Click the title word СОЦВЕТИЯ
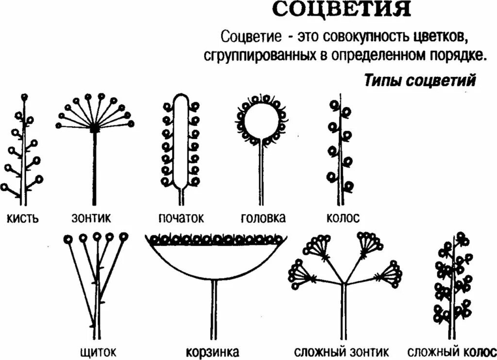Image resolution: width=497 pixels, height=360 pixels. pyautogui.click(x=341, y=10)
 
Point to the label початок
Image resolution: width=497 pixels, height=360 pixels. pyautogui.click(x=181, y=218)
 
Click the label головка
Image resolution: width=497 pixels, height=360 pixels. pyautogui.click(x=263, y=218)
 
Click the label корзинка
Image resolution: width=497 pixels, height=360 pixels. pyautogui.click(x=213, y=351)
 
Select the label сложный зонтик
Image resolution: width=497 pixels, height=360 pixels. pyautogui.click(x=342, y=351)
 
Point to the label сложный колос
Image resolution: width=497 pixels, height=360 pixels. pyautogui.click(x=451, y=351)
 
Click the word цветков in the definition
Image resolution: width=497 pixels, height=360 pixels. pyautogui.click(x=442, y=36)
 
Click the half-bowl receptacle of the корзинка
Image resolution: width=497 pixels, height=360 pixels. pyautogui.click(x=214, y=260)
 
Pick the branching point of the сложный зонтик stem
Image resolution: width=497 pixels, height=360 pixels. pyautogui.click(x=344, y=283)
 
